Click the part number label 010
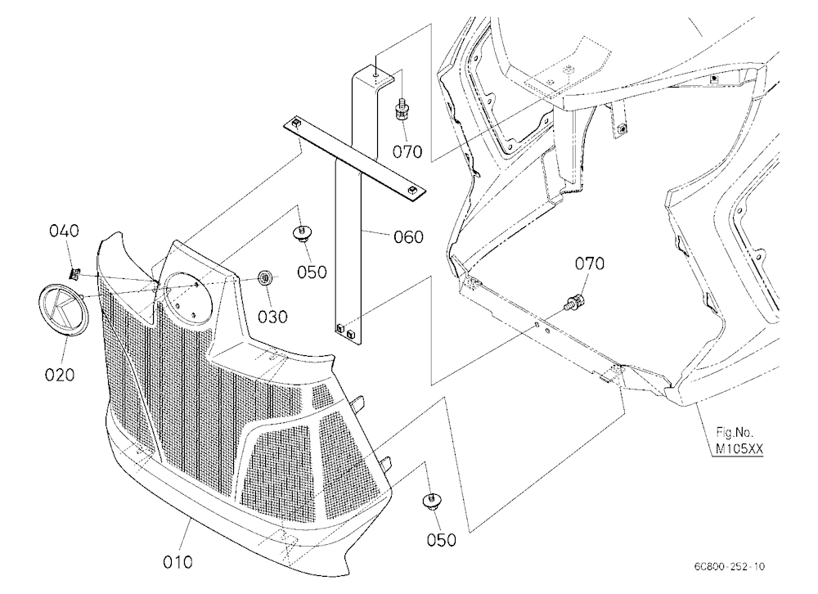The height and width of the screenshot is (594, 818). click(178, 562)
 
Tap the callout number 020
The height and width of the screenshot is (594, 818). click(60, 375)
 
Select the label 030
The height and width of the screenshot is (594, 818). click(273, 317)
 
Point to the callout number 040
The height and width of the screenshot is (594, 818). click(64, 231)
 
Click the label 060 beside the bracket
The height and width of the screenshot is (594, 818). click(408, 237)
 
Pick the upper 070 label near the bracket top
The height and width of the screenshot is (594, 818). click(407, 152)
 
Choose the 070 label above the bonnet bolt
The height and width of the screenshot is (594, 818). click(590, 263)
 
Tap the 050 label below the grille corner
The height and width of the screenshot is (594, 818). click(442, 540)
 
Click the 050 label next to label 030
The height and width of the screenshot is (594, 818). click(312, 272)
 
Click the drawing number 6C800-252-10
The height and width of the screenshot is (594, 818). click(730, 566)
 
